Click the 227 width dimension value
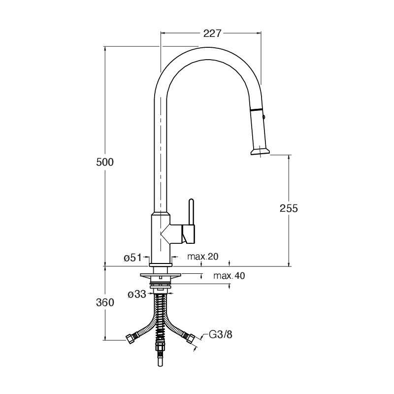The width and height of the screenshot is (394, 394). [212, 33]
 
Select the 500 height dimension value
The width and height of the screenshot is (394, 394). [105, 163]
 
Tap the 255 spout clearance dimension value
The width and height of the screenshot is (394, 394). [289, 208]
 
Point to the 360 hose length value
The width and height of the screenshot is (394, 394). [105, 302]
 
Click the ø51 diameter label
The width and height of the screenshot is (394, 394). [132, 258]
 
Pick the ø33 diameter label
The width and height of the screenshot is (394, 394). [137, 294]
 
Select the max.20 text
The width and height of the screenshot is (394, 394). [203, 257]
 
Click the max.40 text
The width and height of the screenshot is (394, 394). [229, 276]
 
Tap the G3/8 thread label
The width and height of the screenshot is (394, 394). [221, 334]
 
